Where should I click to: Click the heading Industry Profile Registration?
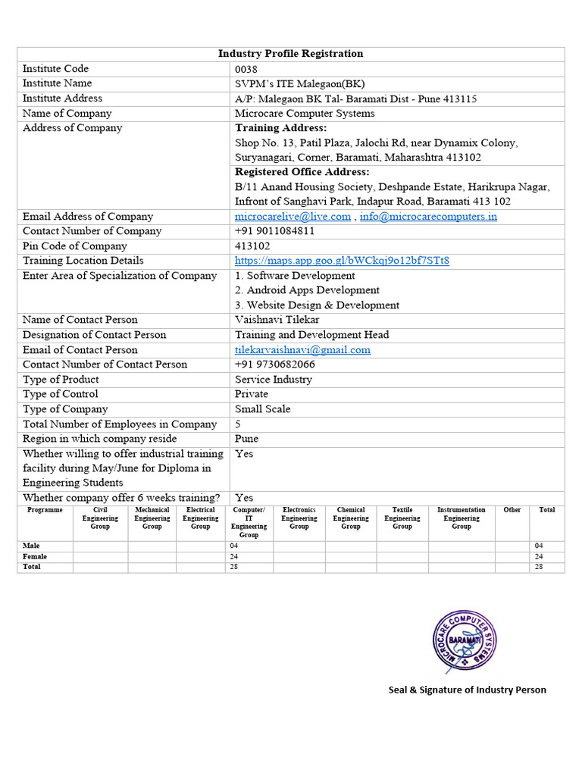(x=290, y=54)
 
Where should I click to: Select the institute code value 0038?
(x=246, y=69)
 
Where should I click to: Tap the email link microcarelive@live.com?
(x=293, y=217)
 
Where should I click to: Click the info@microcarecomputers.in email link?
(x=428, y=217)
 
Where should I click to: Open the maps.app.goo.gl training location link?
(x=342, y=261)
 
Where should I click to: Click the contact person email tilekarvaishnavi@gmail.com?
(x=302, y=350)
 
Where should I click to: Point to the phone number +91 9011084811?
(x=274, y=231)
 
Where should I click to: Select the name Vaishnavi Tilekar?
(x=277, y=320)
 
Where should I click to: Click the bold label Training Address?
(x=281, y=128)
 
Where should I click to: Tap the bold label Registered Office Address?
(x=302, y=172)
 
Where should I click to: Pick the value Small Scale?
(x=262, y=409)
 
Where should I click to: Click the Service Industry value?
(x=273, y=380)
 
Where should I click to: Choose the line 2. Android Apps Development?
(x=307, y=290)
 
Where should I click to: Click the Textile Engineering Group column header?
(x=402, y=518)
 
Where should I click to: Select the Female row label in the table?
(x=35, y=556)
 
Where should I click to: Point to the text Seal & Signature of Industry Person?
(x=467, y=690)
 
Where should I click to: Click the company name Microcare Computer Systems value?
(x=305, y=114)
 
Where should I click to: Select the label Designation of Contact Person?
(x=95, y=335)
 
